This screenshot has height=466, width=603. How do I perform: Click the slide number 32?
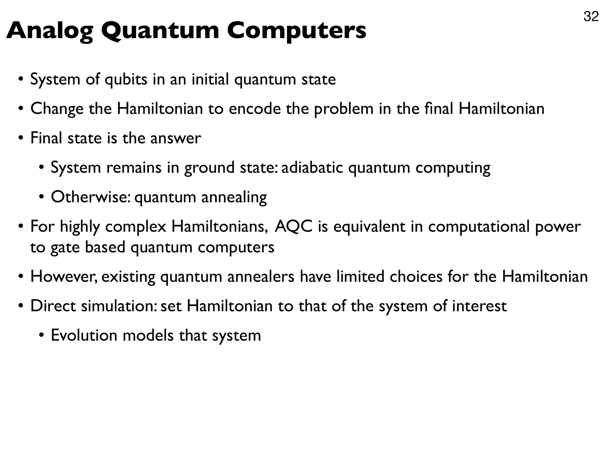(591, 17)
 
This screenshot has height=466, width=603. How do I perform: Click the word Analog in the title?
(49, 31)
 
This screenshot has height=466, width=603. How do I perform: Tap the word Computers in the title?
(296, 31)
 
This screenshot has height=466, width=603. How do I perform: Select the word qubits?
(126, 80)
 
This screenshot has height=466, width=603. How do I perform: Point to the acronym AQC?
(293, 227)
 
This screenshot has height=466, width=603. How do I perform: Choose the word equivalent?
(369, 227)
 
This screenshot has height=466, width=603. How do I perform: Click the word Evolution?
(84, 336)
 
